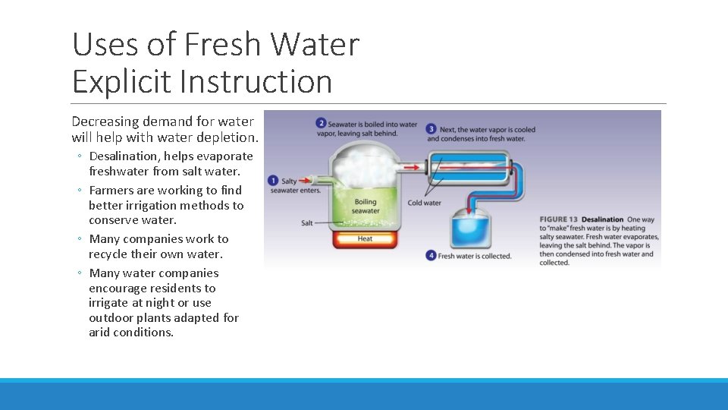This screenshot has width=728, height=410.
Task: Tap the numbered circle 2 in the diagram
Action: [x=322, y=123]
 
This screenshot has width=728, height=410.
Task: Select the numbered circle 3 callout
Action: [x=431, y=128]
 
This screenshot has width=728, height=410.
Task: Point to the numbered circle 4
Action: [x=431, y=256]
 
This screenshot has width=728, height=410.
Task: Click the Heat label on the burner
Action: [x=365, y=238]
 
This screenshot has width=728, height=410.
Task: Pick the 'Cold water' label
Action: [x=424, y=203]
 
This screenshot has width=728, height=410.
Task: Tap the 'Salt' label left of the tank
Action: [x=307, y=223]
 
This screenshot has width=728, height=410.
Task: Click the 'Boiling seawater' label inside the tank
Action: [x=366, y=207]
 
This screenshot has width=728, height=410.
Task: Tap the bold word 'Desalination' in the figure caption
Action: [x=602, y=220]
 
